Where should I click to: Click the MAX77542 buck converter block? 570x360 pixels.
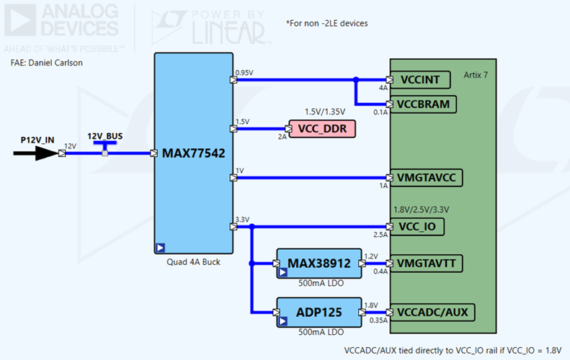(x=193, y=153)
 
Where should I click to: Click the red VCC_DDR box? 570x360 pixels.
(x=322, y=129)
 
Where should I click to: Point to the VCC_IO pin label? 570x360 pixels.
(x=419, y=228)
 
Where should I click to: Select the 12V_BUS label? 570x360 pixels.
(x=104, y=136)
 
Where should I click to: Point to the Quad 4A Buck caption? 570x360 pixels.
(x=192, y=262)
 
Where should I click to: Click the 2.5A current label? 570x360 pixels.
(x=380, y=235)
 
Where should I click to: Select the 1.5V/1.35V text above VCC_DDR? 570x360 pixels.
(x=325, y=112)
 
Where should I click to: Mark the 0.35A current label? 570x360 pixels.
(x=378, y=320)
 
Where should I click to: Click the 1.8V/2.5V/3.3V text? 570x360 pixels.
(x=422, y=210)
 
